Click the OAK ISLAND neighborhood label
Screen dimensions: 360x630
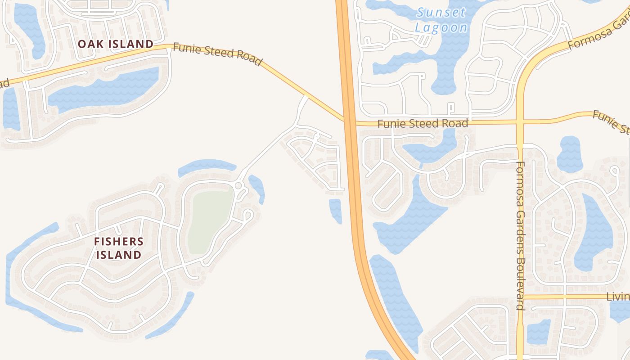pyautogui.click(x=116, y=44)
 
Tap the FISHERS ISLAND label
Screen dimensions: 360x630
pyautogui.click(x=119, y=248)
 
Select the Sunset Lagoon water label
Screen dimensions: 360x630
pyautogui.click(x=441, y=20)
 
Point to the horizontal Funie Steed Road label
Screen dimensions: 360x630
pyautogui.click(x=423, y=123)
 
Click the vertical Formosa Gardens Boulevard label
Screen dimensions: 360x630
pyautogui.click(x=521, y=236)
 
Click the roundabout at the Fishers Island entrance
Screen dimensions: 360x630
pyautogui.click(x=238, y=186)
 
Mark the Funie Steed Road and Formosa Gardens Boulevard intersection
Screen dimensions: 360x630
pyautogui.click(x=520, y=121)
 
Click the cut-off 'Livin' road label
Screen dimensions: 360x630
pyautogui.click(x=618, y=297)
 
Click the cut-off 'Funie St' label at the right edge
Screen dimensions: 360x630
pyautogui.click(x=611, y=121)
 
